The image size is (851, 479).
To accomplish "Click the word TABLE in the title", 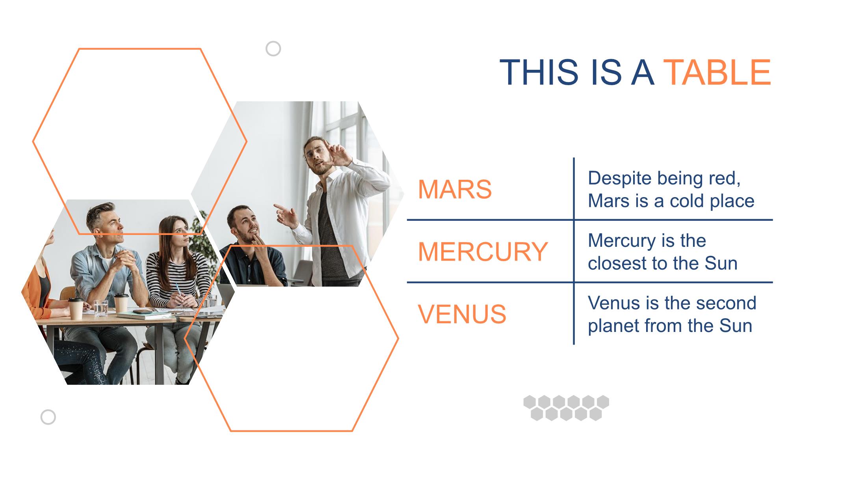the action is coord(717,72).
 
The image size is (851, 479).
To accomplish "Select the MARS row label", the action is coord(455,189).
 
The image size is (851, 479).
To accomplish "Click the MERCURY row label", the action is coord(483,252).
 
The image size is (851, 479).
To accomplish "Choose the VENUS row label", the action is coord(462,314).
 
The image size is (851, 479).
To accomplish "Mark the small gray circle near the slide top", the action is coord(273,49).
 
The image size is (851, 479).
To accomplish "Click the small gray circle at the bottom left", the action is coord(48,417).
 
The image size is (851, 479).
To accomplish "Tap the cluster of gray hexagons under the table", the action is coord(566,408).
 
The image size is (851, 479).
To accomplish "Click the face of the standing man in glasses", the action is coord(318,155).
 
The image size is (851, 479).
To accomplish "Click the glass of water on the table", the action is coord(100,308).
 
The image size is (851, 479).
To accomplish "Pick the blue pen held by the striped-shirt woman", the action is coord(178,292).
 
